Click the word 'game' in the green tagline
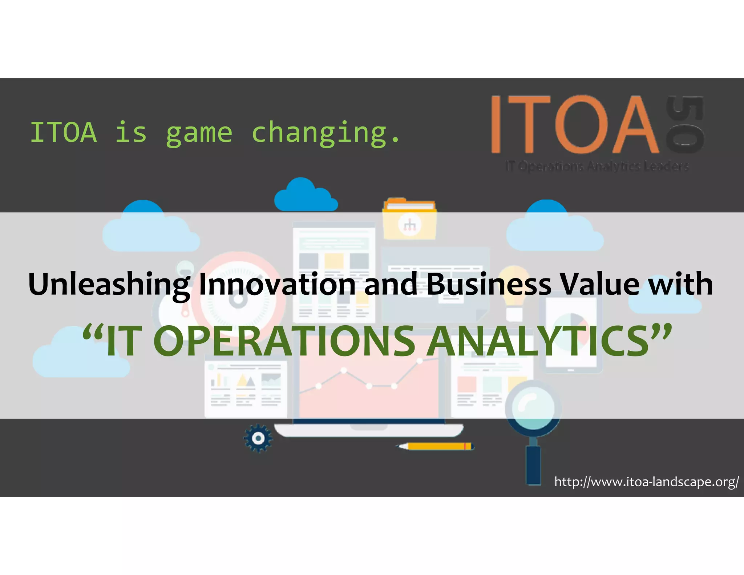[x=199, y=133]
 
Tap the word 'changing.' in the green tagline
[x=326, y=133]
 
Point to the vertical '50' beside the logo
[x=685, y=124]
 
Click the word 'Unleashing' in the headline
[x=109, y=284]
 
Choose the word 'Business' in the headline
[x=489, y=284]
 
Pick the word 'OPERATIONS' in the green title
[x=284, y=341]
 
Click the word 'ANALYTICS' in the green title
[x=538, y=341]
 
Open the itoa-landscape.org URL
[x=646, y=482]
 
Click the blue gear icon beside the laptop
[x=258, y=438]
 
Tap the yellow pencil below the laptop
[x=436, y=446]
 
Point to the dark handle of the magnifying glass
[x=534, y=465]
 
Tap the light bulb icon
[x=514, y=291]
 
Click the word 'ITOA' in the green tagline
[x=64, y=133]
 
